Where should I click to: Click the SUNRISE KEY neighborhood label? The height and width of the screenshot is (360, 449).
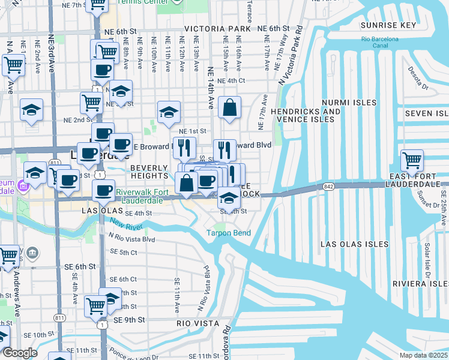[x=388, y=25]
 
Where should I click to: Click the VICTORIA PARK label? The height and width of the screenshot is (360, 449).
[x=217, y=29]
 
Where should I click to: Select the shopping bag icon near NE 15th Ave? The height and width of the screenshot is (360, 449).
[x=230, y=109]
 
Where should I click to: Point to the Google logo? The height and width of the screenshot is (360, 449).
[x=20, y=353]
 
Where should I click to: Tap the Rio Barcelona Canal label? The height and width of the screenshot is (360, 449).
[x=380, y=42]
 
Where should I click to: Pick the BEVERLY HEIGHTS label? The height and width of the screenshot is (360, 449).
[x=149, y=172]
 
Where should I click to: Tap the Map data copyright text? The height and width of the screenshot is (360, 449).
[x=424, y=355]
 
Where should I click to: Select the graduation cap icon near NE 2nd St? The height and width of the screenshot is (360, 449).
[x=169, y=112]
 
